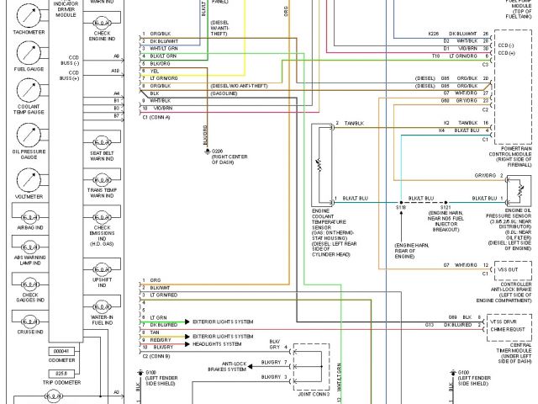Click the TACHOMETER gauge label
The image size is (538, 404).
(29, 32)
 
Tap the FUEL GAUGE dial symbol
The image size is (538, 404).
(29, 52)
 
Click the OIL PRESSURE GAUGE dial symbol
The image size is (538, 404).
(29, 135)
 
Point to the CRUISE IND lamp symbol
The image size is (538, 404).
(29, 320)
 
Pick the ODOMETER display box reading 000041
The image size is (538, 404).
(61, 350)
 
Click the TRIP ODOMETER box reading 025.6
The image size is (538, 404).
(61, 373)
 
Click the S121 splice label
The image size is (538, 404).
(446, 206)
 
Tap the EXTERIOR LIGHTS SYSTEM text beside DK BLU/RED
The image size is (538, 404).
(223, 323)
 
